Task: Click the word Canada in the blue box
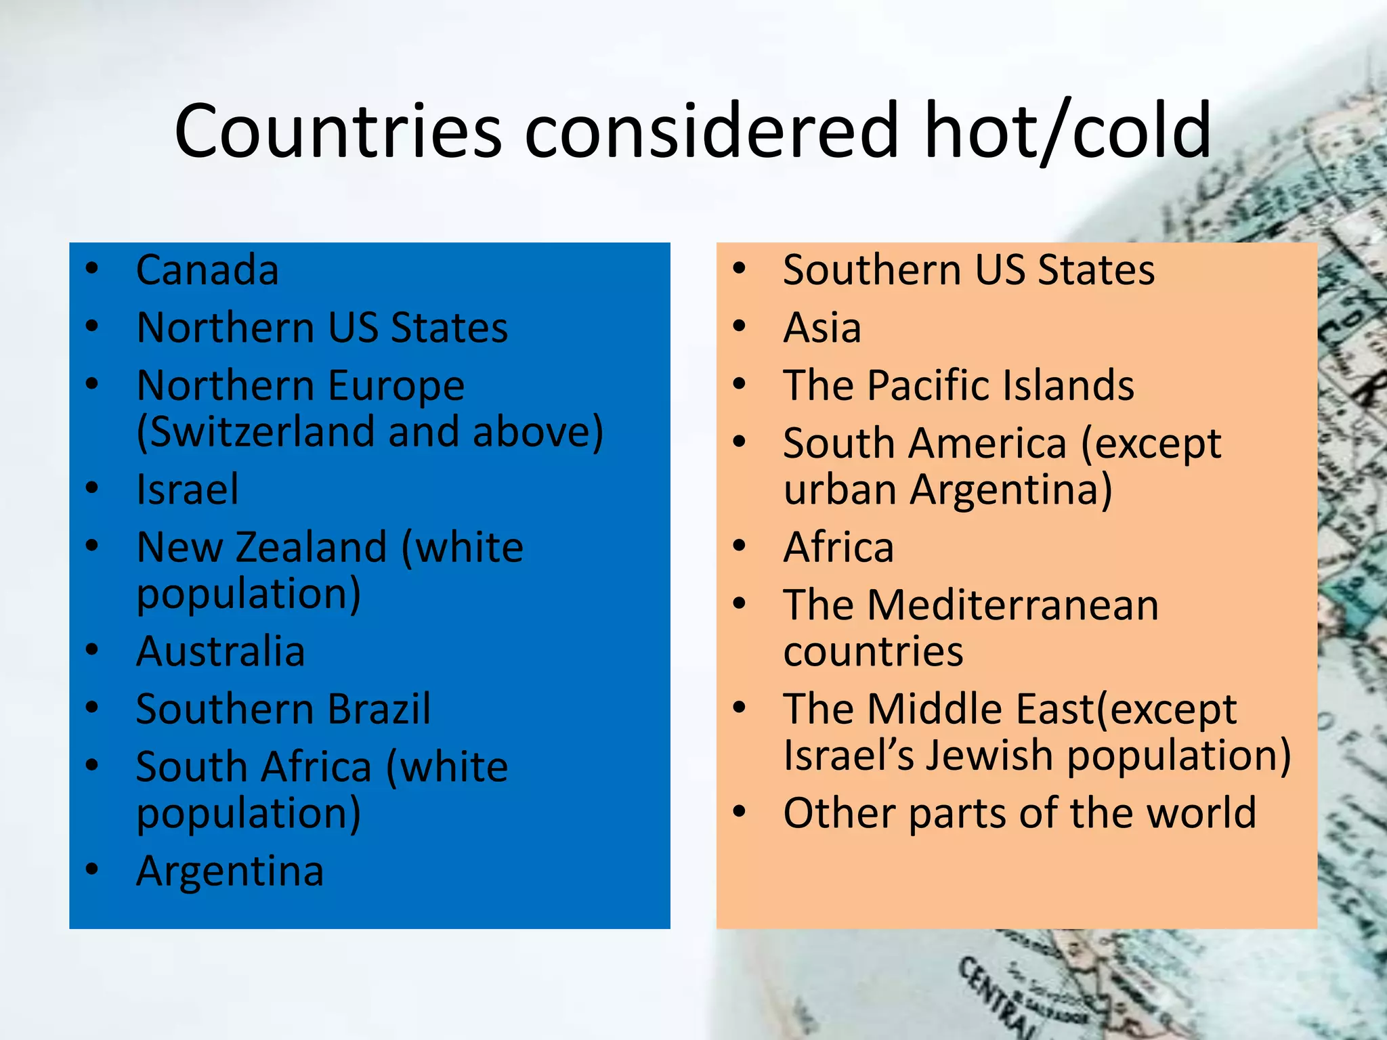pos(207,270)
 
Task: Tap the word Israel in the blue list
pos(188,490)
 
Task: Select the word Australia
pos(221,651)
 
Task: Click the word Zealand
pos(311,547)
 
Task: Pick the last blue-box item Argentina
pos(230,871)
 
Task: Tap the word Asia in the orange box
pos(822,328)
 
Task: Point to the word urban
pos(840,490)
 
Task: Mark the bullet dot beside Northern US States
pos(92,326)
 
